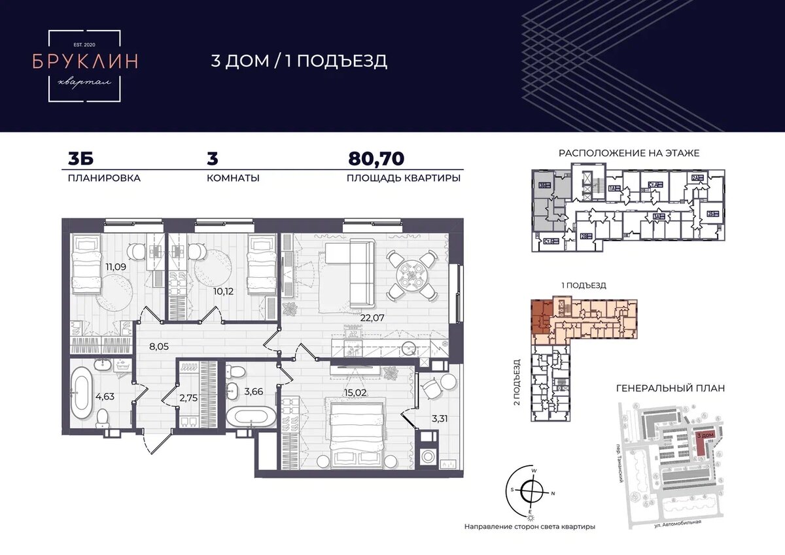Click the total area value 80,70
pyautogui.click(x=376, y=159)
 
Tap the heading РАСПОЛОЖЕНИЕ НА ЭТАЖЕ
pyautogui.click(x=629, y=153)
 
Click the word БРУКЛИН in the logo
pyautogui.click(x=85, y=61)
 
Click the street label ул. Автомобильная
pyautogui.click(x=678, y=521)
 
